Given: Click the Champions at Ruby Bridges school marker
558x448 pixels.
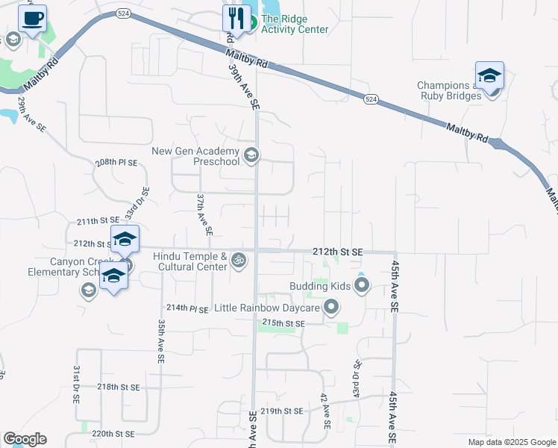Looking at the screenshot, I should (x=489, y=75).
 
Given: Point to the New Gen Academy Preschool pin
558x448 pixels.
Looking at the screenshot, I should (x=251, y=155).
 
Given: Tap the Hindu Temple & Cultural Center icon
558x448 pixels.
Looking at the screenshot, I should (x=239, y=261).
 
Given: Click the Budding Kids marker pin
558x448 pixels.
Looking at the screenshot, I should (x=362, y=286).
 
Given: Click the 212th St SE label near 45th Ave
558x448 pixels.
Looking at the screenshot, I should (x=337, y=253).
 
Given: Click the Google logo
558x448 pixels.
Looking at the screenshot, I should (x=25, y=439).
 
